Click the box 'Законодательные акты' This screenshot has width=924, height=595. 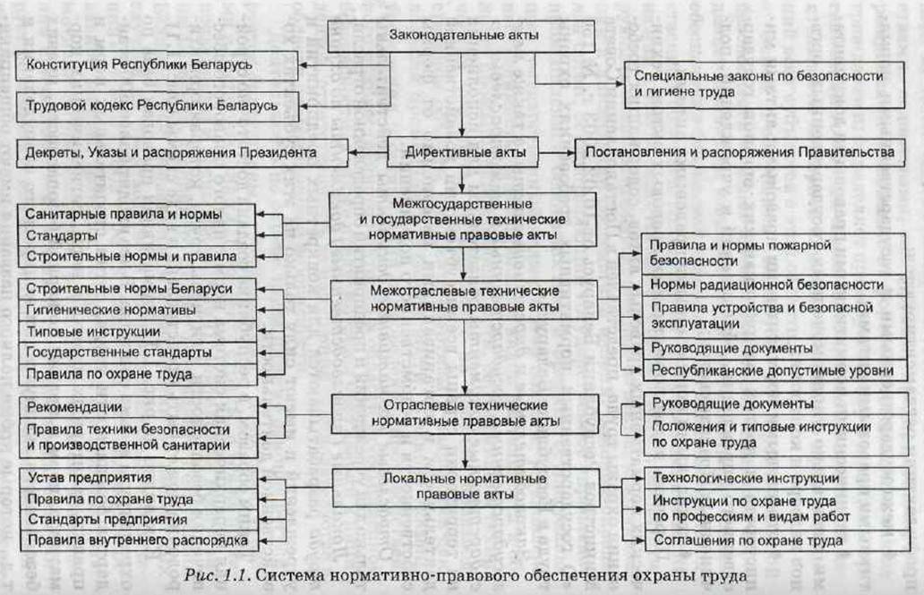click(x=463, y=36)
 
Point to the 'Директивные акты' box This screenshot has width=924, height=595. click(x=463, y=152)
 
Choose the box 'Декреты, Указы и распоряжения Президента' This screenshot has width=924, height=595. click(x=170, y=153)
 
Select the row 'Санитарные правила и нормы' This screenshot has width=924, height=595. click(x=137, y=215)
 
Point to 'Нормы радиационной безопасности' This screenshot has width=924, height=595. click(x=767, y=285)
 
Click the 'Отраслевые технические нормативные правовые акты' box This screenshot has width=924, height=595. click(x=463, y=412)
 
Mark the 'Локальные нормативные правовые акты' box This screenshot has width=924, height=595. click(x=463, y=486)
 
